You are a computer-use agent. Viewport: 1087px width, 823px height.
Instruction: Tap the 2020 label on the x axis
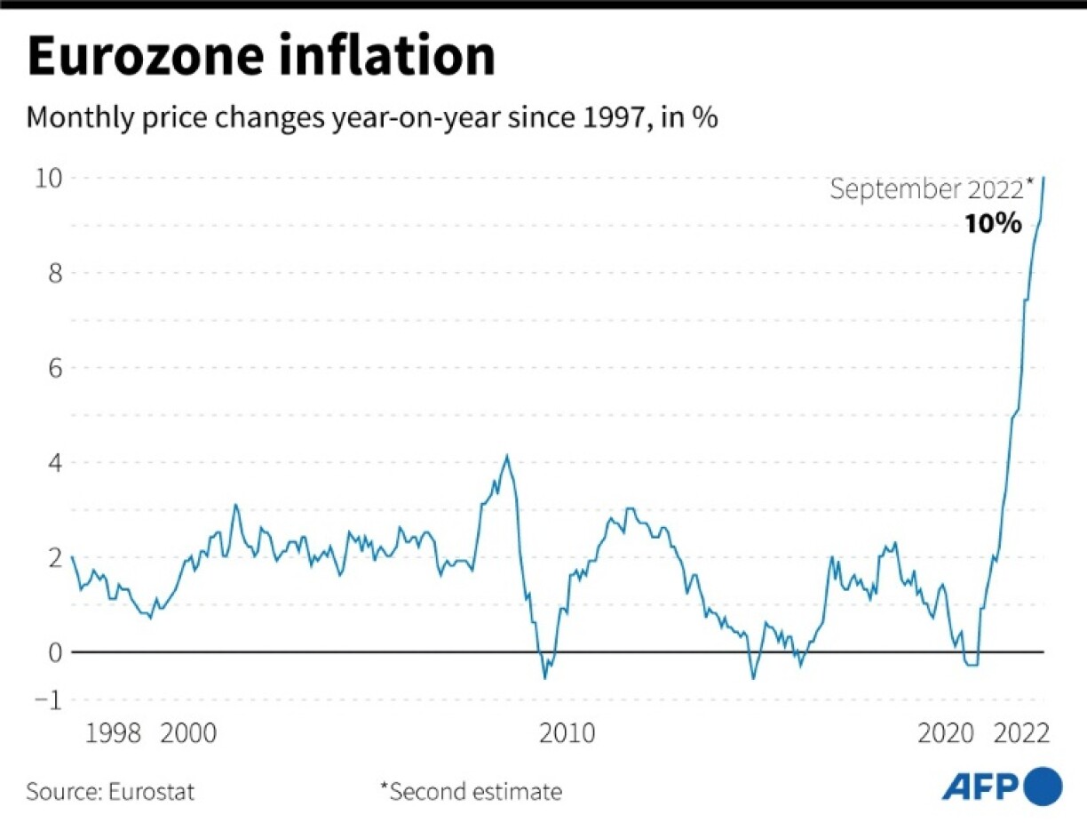coord(945,734)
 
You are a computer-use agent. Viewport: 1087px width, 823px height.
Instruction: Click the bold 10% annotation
coord(994,224)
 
